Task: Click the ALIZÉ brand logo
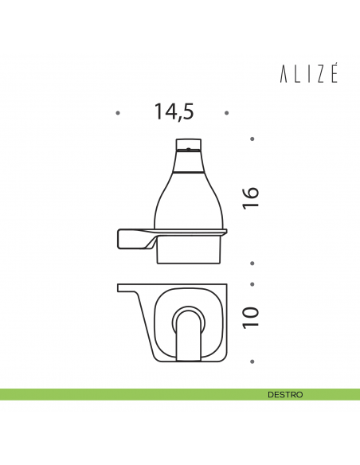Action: (x=309, y=74)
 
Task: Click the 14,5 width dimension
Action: (x=174, y=112)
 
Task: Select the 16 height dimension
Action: (x=251, y=198)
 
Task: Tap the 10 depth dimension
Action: (x=251, y=318)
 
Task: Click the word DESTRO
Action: (x=285, y=395)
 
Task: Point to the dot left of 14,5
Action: (x=118, y=113)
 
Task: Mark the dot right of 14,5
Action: (x=226, y=113)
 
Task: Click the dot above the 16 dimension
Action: (x=252, y=139)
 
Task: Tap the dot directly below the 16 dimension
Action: (x=252, y=263)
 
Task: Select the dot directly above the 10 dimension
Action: (x=252, y=284)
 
